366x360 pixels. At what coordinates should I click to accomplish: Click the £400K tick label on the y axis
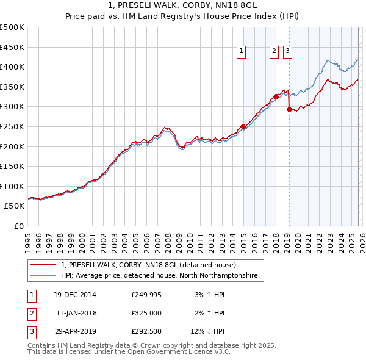click(x=12, y=67)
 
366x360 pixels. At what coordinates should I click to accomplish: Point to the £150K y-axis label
click(x=12, y=166)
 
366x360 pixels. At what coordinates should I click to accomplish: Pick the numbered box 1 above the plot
click(x=242, y=52)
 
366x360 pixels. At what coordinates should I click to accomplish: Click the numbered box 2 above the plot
click(x=274, y=52)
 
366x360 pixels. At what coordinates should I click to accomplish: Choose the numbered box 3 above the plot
click(x=287, y=52)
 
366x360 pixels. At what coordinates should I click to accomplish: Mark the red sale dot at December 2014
click(x=243, y=126)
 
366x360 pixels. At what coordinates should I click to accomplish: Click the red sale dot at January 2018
click(x=276, y=96)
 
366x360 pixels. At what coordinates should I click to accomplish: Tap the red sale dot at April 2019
click(x=289, y=109)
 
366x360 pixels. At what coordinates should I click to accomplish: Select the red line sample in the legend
click(x=43, y=265)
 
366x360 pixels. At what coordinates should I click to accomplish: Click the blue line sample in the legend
click(x=43, y=276)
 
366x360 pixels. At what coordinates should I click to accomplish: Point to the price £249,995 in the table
click(x=146, y=295)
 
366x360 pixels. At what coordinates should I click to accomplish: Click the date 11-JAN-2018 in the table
click(x=76, y=313)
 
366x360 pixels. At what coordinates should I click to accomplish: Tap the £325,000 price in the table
click(x=146, y=313)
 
